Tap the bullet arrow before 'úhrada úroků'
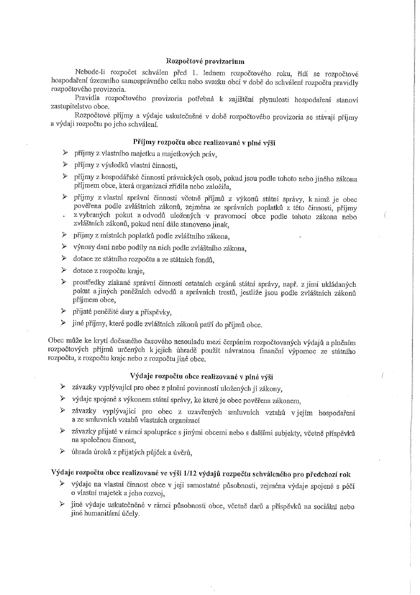pyautogui.click(x=63, y=451)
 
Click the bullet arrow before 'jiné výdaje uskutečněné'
pyautogui.click(x=63, y=505)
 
